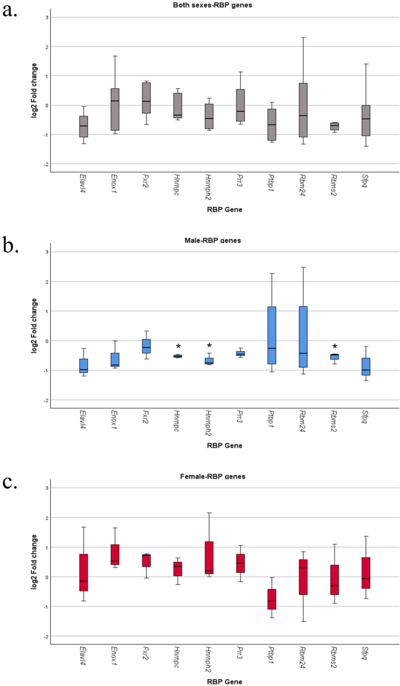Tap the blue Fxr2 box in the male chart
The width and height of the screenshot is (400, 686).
147,346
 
